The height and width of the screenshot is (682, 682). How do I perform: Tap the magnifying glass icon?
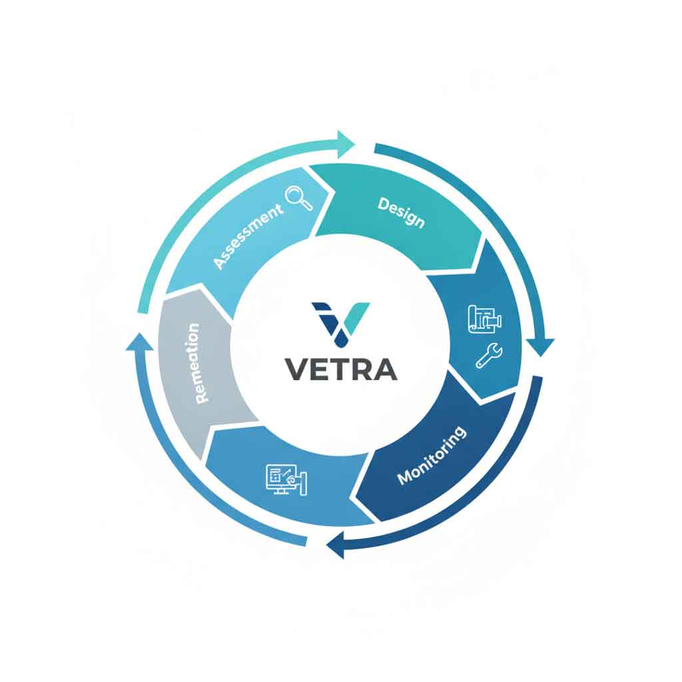pos(299,198)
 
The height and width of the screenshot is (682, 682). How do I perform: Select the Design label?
pos(401,212)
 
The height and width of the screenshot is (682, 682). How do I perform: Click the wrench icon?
pos(490,355)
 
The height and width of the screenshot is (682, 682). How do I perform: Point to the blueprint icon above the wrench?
pos(485,319)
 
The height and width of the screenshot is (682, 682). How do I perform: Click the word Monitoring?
pos(432,455)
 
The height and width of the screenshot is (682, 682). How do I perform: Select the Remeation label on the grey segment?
pos(197,363)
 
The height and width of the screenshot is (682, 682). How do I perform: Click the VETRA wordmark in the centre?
pos(341,369)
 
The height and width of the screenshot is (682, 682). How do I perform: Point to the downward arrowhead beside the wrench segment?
pos(541,346)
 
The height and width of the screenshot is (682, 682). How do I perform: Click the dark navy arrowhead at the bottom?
pos(336,545)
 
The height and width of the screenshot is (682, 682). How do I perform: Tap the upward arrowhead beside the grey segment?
pos(140,341)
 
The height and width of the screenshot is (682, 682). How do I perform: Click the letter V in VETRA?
pos(296,369)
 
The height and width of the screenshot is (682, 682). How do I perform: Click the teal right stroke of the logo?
pos(358,318)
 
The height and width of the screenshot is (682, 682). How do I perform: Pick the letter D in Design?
pos(384,203)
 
